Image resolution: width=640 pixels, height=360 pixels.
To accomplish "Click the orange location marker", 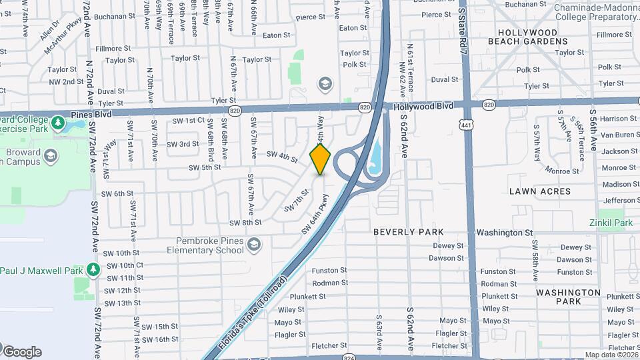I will [321, 159].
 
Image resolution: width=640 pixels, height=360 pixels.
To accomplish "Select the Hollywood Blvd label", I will [422, 106].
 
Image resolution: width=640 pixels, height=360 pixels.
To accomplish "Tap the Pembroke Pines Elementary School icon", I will [253, 245].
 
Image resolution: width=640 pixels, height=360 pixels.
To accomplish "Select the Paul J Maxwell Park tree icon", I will [93, 270].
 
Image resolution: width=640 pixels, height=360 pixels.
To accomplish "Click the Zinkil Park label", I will [610, 223].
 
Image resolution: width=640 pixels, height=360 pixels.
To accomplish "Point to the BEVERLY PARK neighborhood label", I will [409, 232].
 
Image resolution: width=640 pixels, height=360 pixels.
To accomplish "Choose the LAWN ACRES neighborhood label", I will [540, 191].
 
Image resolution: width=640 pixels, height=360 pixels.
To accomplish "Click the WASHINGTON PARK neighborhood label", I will [568, 297].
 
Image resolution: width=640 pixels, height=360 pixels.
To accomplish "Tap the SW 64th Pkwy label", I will [315, 213].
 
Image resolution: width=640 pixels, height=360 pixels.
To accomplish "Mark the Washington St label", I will [504, 233].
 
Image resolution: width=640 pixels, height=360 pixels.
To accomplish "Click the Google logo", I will [22, 351].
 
